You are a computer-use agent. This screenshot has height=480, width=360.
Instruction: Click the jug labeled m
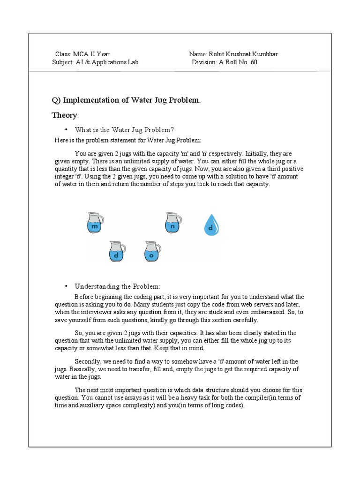tap(96, 224)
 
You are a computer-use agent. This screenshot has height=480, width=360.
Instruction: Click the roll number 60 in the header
tap(254, 62)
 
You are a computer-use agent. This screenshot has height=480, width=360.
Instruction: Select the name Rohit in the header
tap(217, 54)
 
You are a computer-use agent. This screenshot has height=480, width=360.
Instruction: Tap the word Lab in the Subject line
tap(133, 62)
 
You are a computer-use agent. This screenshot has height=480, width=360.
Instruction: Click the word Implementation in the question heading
tap(89, 100)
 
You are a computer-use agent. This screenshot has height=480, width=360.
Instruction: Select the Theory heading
tap(64, 115)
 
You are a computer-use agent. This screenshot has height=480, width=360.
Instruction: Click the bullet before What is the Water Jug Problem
tap(67, 129)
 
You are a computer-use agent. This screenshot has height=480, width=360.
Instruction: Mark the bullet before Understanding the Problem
tap(67, 286)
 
